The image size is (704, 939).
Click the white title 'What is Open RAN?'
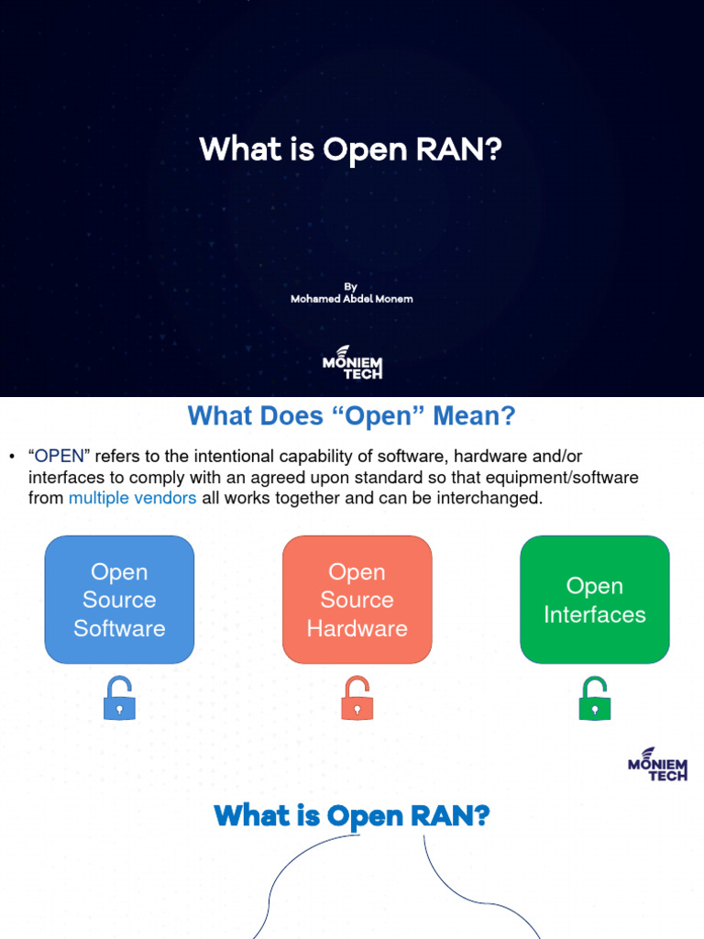(351, 149)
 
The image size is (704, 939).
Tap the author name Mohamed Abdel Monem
(351, 299)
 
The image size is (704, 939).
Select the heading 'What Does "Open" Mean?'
(351, 417)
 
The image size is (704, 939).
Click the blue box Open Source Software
(119, 600)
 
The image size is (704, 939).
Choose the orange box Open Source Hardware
(357, 600)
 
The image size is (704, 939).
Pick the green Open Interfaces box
(594, 600)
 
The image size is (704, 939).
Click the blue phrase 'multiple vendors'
(132, 499)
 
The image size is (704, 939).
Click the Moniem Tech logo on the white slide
(657, 764)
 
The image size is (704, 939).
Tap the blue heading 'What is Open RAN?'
(351, 815)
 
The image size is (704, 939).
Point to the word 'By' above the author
(351, 286)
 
